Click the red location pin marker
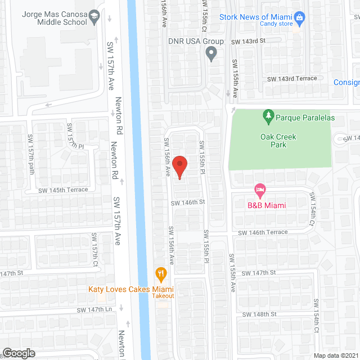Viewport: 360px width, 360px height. pos(179,167)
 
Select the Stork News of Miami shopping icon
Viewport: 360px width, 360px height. pos(299,18)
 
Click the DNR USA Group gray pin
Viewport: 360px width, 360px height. pos(211,54)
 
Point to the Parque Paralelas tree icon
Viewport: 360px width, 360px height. pos(268,117)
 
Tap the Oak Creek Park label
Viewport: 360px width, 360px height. pos(278,141)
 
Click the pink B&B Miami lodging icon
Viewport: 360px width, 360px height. pos(259,190)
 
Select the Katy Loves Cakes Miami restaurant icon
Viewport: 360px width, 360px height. pos(161,274)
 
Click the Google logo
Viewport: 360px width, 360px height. pos(18,353)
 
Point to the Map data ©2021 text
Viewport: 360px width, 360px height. pos(336,355)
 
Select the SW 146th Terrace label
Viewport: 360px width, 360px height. pos(263,232)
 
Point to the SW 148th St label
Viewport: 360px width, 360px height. pos(259,314)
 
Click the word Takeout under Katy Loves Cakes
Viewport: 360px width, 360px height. pos(163,296)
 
